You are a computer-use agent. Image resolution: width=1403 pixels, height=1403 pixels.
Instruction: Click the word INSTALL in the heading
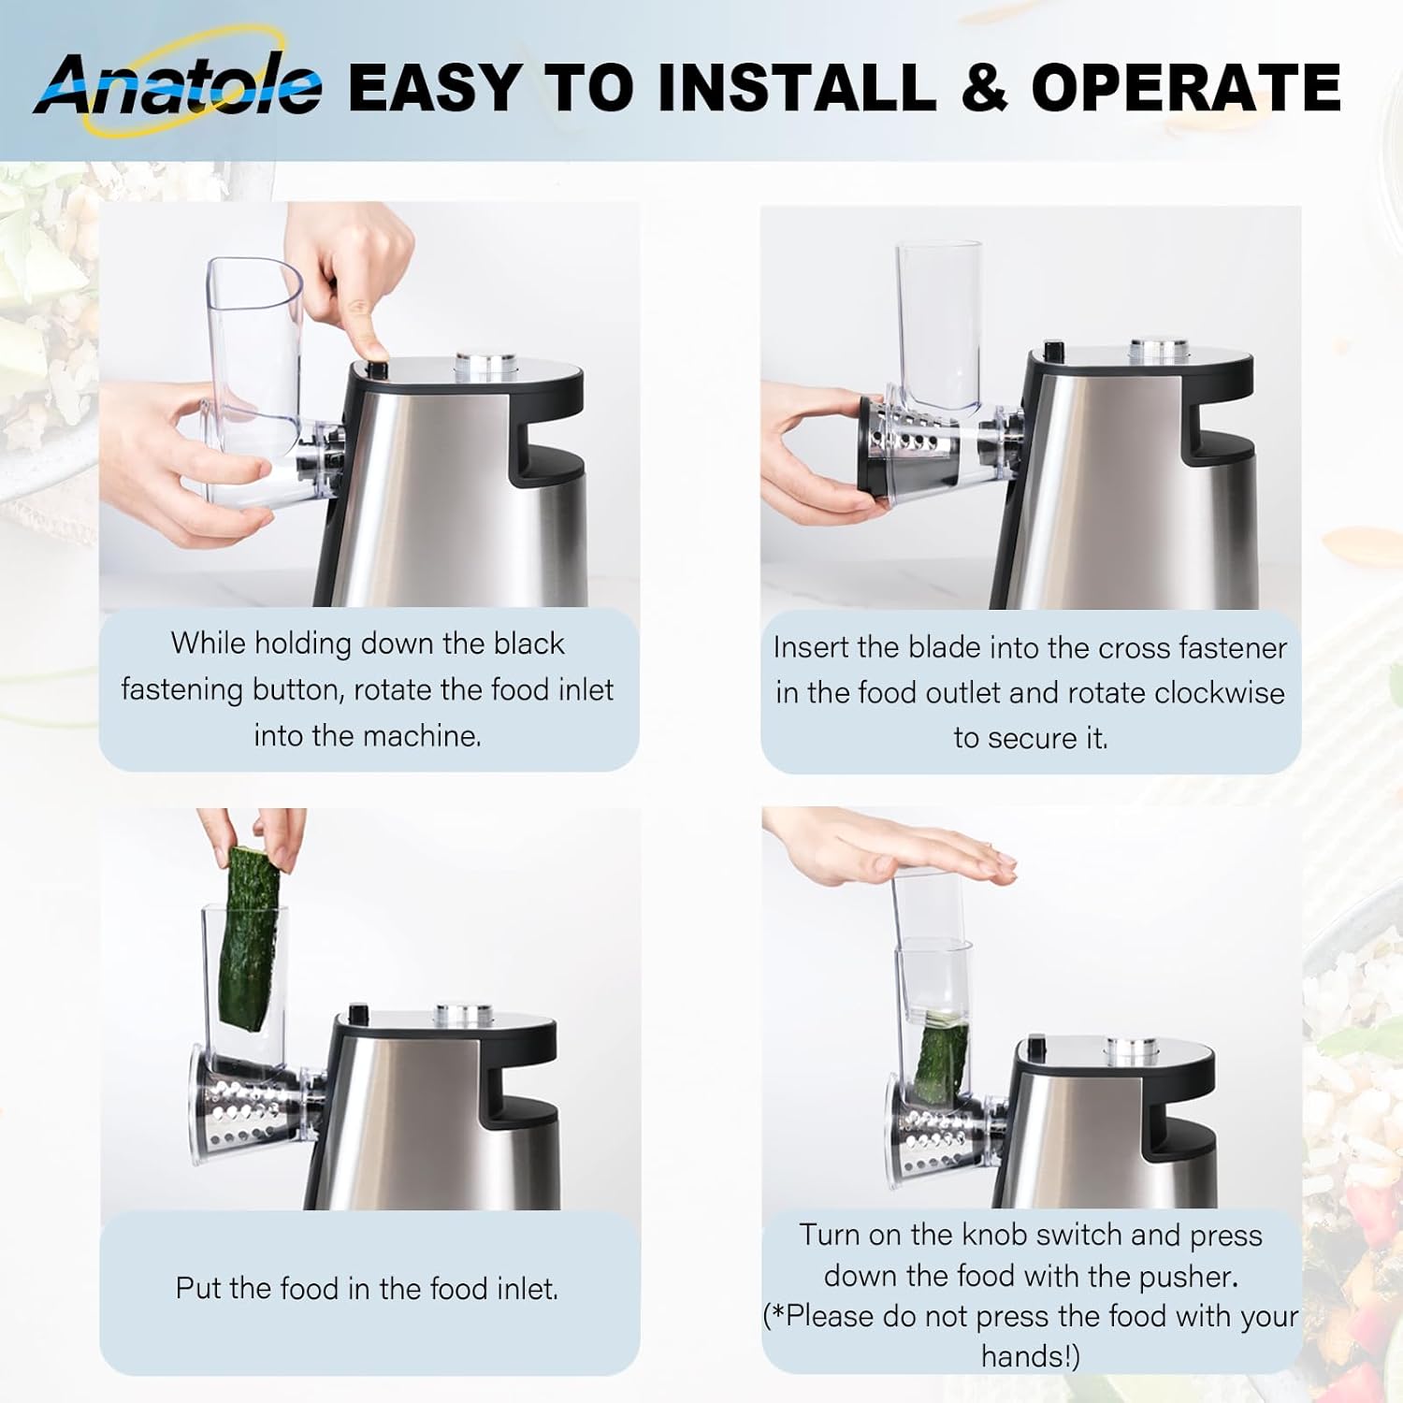(x=795, y=87)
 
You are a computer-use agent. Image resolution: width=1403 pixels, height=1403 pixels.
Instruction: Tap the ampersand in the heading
(x=983, y=87)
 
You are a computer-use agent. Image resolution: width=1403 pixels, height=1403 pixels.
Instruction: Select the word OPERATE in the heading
(x=1186, y=87)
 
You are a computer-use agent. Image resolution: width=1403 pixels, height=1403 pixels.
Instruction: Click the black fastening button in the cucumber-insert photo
(x=357, y=1014)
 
